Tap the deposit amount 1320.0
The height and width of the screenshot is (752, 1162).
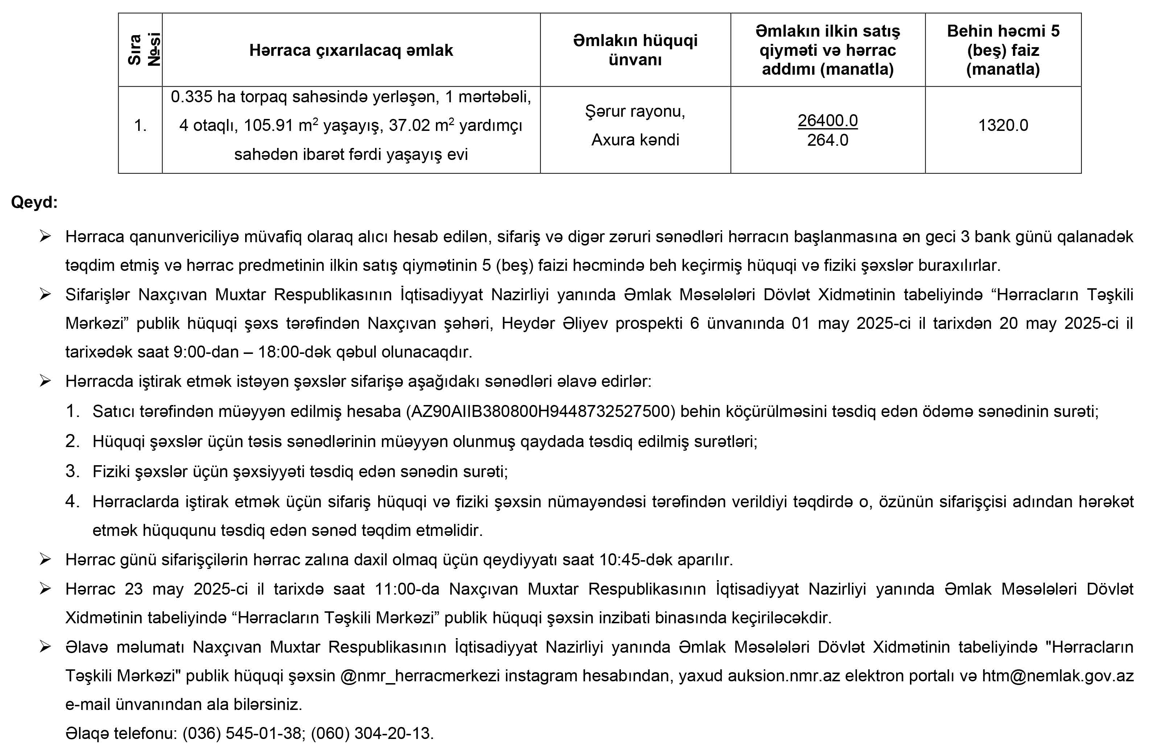click(1003, 125)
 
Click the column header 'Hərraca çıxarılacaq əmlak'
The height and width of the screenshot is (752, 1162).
click(351, 50)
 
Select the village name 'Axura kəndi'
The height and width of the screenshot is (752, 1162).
click(635, 140)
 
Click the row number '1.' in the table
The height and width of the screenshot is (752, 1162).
click(140, 126)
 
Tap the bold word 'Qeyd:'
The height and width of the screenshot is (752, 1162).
click(34, 202)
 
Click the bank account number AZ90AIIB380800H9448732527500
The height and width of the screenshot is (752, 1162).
click(540, 412)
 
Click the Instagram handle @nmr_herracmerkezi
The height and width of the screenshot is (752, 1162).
click(420, 676)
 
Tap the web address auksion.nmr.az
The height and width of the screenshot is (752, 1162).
click(784, 676)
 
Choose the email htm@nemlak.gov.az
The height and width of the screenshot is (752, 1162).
click(1058, 676)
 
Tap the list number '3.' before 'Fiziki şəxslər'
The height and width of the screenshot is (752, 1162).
click(72, 471)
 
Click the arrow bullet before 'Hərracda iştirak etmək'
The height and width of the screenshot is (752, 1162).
click(45, 381)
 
